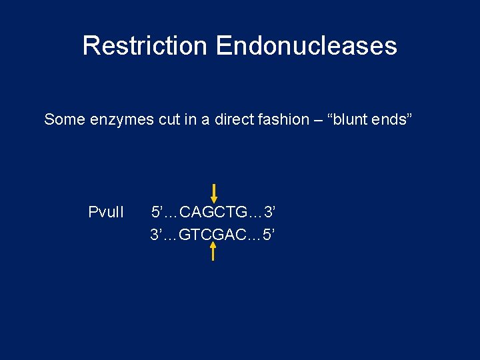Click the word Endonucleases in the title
point(306,46)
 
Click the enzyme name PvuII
point(106,213)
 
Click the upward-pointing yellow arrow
point(213,251)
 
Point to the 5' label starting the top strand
point(157,213)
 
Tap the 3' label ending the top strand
point(269,213)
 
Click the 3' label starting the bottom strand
point(157,235)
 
